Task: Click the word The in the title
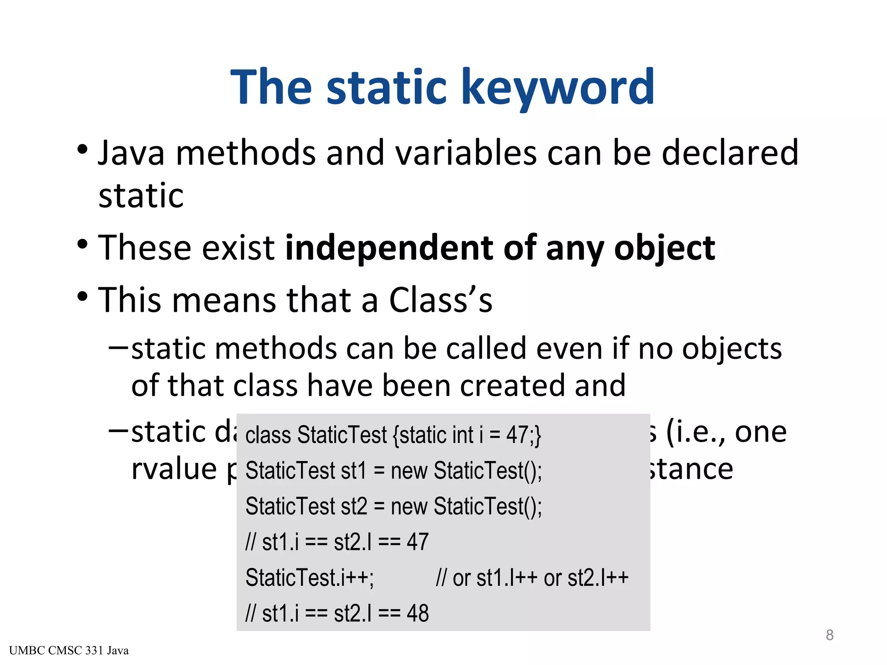[271, 88]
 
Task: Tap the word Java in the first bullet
[131, 154]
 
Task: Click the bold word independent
[389, 248]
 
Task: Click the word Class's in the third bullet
[440, 300]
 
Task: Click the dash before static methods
[118, 347]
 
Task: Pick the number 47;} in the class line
[524, 435]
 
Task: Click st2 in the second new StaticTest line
[354, 507]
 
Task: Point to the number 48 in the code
[418, 613]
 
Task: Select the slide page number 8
[829, 635]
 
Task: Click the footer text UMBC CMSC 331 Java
[68, 651]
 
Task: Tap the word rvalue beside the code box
[174, 469]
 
